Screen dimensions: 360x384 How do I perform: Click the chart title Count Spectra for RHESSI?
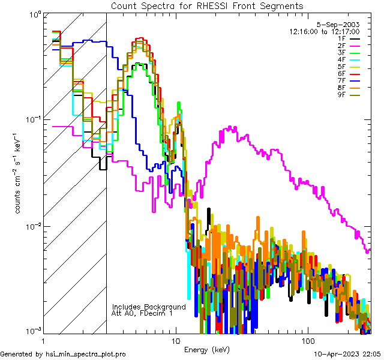point(207,5)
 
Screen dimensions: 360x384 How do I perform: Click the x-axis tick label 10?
point(175,340)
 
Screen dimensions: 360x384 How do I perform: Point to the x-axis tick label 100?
point(308,340)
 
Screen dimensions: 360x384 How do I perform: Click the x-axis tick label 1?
point(43,340)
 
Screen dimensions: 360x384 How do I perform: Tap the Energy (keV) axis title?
point(206,349)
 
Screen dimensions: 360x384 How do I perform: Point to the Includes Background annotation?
point(149,307)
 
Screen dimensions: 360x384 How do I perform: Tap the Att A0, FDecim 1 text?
point(142,313)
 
